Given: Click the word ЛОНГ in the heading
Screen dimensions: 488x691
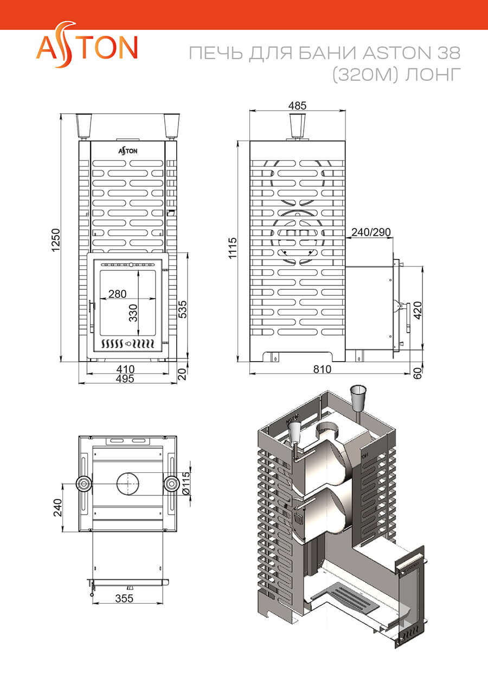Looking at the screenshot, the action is tap(433, 75).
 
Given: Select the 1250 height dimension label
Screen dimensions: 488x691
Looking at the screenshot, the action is tap(56, 240).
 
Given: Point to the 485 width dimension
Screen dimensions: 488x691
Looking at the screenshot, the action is tap(297, 106).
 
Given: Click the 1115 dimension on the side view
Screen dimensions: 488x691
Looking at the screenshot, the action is tap(233, 248).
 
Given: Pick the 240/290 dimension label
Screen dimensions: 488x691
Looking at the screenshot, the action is tap(371, 232).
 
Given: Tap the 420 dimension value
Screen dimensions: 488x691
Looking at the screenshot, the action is tap(418, 310).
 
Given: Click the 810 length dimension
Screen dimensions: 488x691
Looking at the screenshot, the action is tap(322, 369).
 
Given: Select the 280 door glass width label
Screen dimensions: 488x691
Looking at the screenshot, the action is tap(117, 294).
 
